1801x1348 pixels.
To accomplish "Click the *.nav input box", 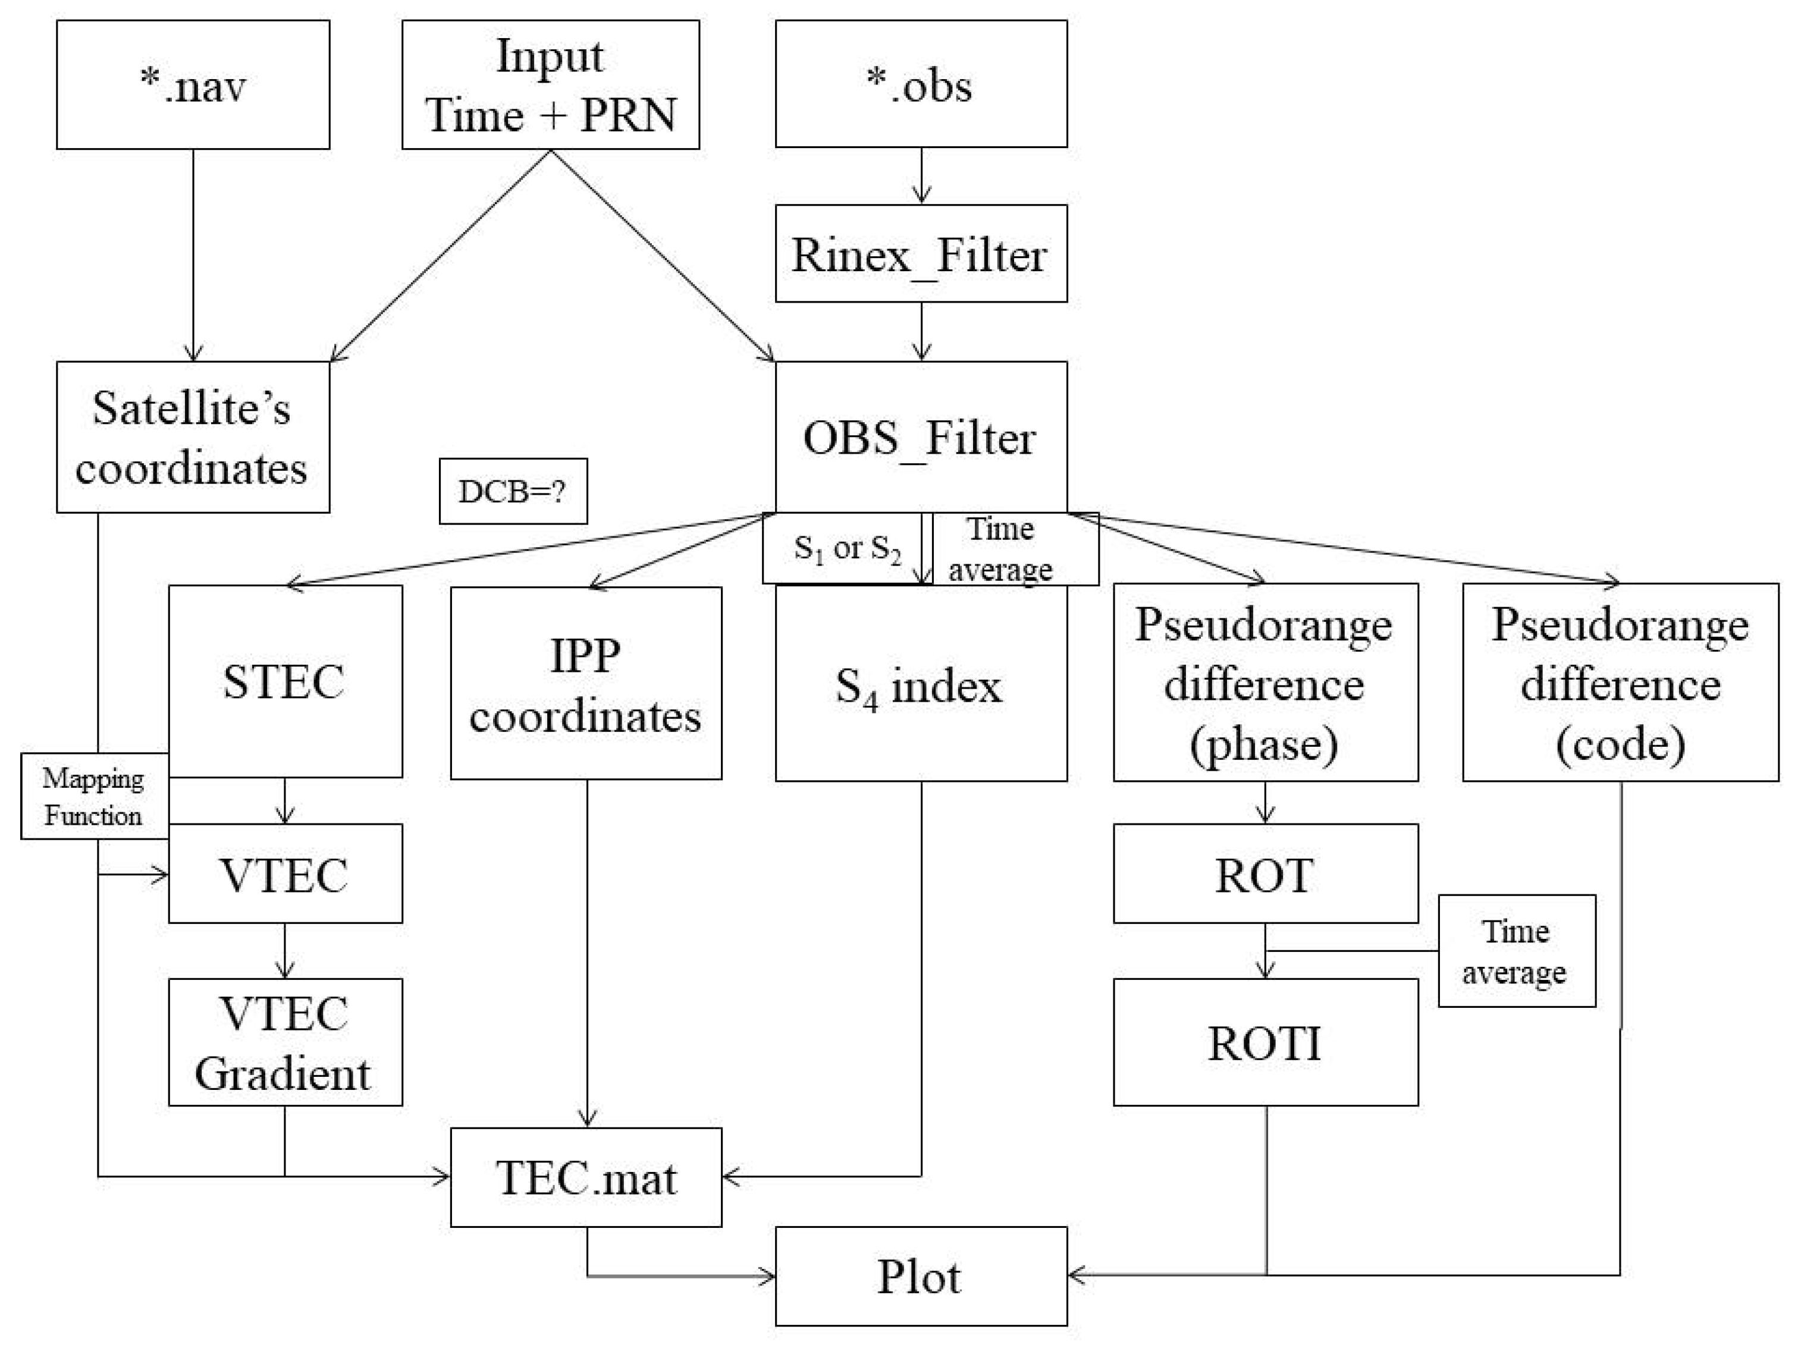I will coord(193,84).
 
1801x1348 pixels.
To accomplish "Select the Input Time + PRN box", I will coord(550,84).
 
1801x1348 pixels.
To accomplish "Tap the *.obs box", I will coord(921,84).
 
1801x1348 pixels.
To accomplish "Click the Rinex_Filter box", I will coord(921,254).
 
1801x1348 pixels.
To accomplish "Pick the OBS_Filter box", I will coord(921,437).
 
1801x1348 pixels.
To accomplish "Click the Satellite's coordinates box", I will coord(193,437).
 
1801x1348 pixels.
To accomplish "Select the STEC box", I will coord(285,681).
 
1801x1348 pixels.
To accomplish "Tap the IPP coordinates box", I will coord(586,684).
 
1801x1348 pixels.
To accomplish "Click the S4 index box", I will coord(921,686).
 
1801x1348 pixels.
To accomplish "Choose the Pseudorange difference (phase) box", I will coord(1265,683).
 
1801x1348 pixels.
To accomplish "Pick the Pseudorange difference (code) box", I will coord(1620,683).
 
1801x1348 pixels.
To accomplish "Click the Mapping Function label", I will coord(93,796).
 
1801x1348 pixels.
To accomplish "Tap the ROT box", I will coord(1265,874).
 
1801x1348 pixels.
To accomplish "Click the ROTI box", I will coord(1265,1043).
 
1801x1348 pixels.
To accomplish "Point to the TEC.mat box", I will coord(586,1177).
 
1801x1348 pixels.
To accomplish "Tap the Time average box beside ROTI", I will coord(1516,951).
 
